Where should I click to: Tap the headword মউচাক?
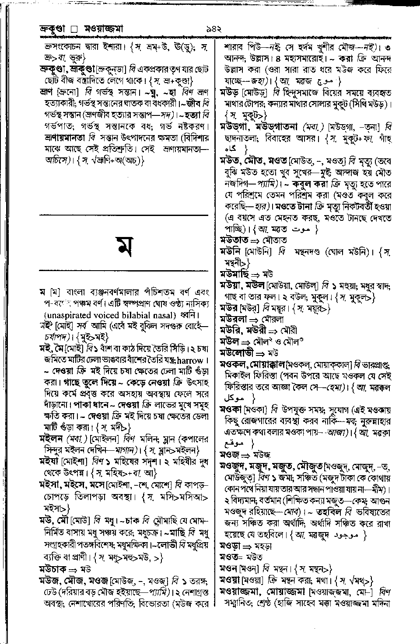52,570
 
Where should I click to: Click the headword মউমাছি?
234,275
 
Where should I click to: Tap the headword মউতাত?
234,240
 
